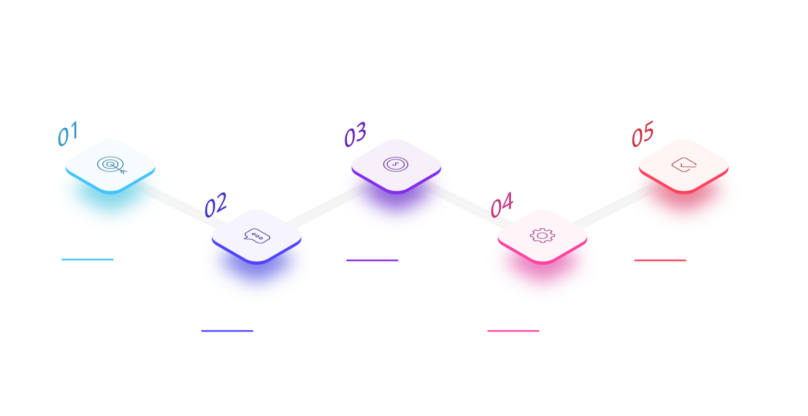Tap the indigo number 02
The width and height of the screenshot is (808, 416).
point(215,204)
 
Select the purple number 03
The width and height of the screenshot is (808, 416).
point(355,134)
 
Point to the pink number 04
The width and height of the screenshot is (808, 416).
point(502,204)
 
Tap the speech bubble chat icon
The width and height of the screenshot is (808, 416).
point(257,236)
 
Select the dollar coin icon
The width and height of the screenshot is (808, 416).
point(396,164)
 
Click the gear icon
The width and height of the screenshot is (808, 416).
point(542,235)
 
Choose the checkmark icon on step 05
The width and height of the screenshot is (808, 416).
point(684,165)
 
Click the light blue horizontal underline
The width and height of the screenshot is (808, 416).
point(88,260)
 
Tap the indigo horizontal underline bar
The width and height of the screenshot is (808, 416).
point(227,331)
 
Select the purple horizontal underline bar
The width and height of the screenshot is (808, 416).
point(372,261)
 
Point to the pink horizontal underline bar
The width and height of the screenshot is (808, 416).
point(513,331)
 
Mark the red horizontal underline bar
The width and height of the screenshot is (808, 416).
point(660,261)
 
